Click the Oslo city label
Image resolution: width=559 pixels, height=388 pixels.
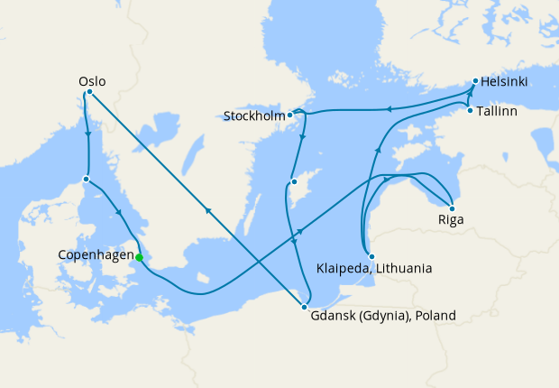pos(91,81)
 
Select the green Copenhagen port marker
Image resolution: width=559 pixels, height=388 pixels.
pos(139,257)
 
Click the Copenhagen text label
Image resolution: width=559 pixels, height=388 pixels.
pos(95,254)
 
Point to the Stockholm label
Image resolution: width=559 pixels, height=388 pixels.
pos(254,115)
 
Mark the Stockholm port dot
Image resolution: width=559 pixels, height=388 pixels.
pos(290,115)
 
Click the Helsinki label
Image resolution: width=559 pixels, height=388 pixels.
pos(504,82)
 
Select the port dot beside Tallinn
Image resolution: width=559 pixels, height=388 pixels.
pos(470,110)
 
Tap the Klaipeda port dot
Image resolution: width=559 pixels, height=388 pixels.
pos(371,256)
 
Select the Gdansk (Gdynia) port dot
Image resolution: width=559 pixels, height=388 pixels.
pos(305,309)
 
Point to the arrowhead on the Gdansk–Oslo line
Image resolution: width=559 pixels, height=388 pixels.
pos(209,210)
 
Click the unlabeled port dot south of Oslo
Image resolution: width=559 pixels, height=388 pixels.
pos(86,179)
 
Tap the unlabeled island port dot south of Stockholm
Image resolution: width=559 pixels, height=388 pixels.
pos(294,183)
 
